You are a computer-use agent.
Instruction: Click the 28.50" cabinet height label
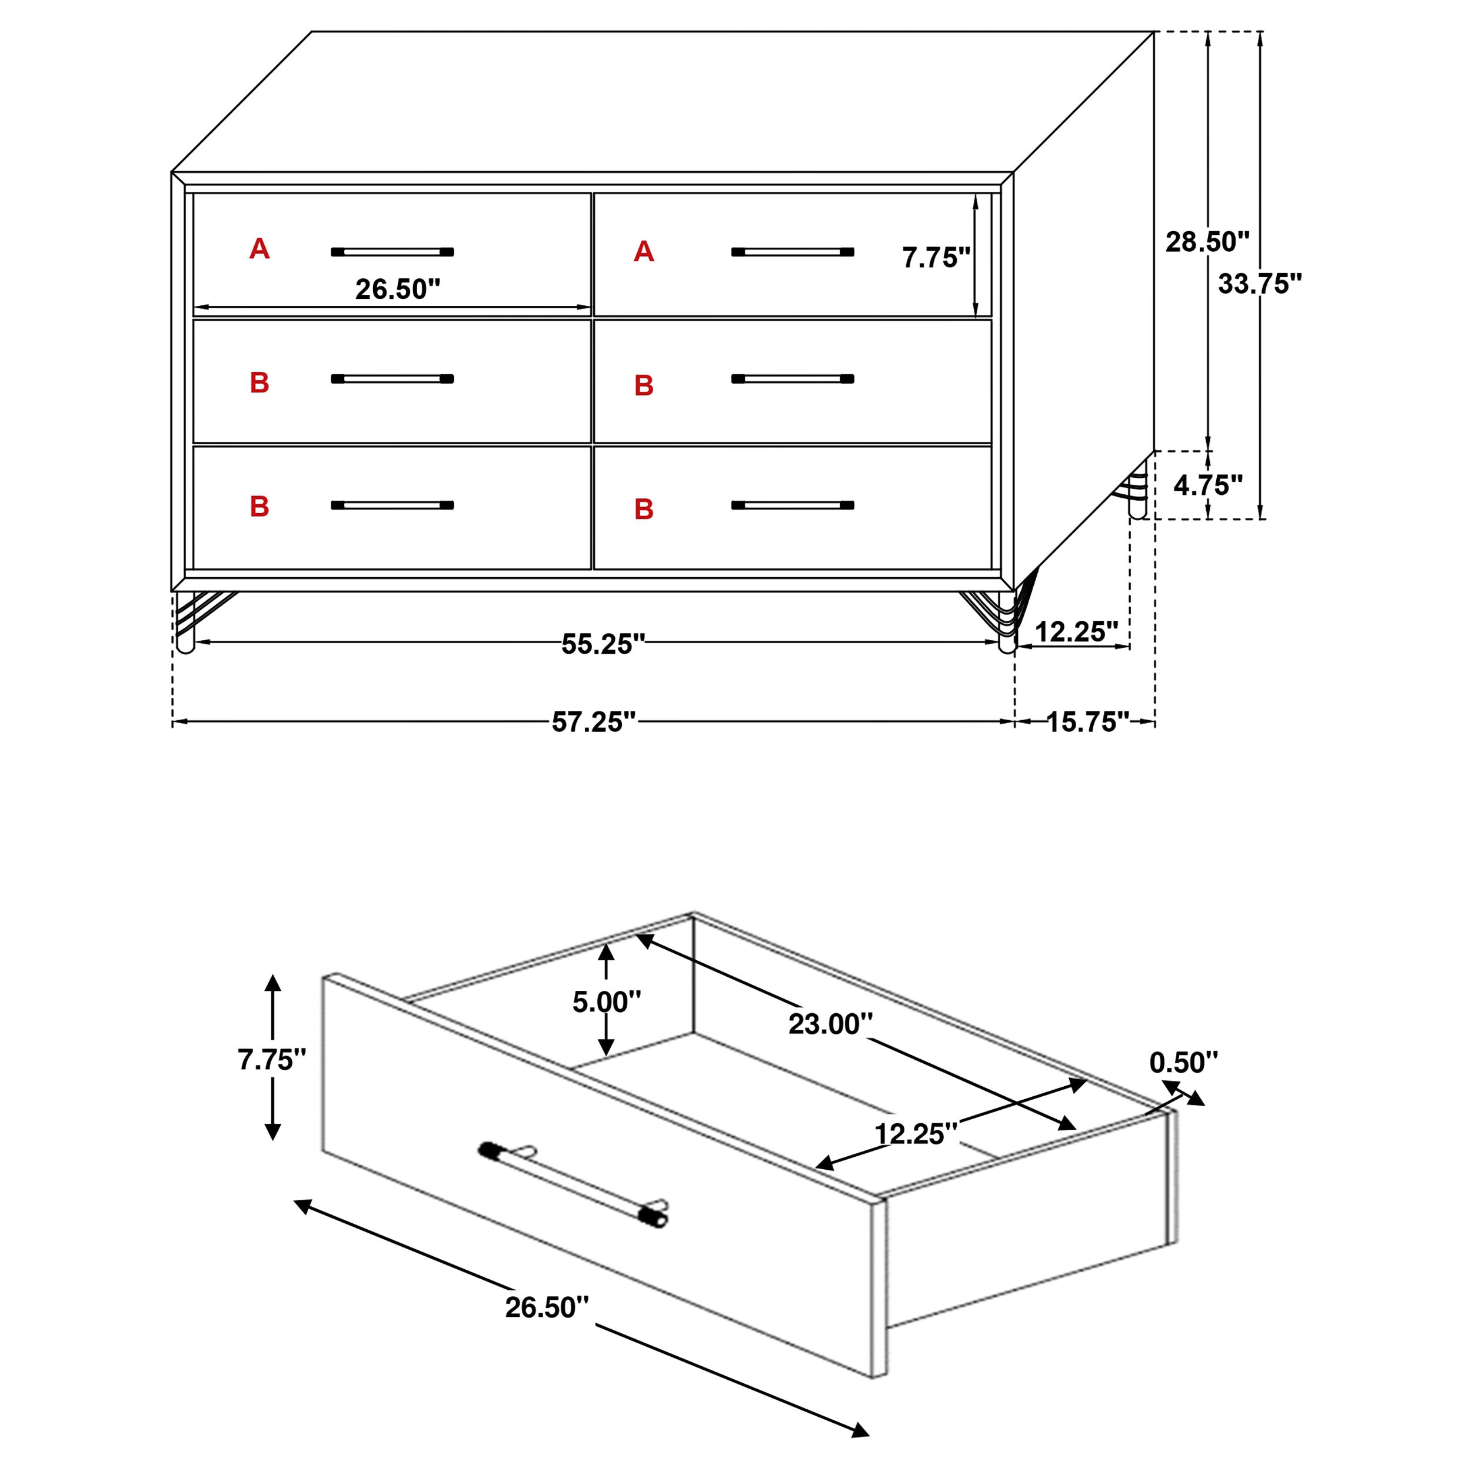pos(1207,241)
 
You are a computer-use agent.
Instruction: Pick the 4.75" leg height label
pos(1207,484)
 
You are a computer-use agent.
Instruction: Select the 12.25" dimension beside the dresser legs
pos(1076,631)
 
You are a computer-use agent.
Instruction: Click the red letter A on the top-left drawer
pos(259,249)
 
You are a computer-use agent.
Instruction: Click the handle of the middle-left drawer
pos(392,378)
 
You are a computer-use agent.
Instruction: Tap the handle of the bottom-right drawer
pos(792,505)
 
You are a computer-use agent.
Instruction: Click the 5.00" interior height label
pos(606,1001)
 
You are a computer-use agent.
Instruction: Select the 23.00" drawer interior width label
pos(830,1023)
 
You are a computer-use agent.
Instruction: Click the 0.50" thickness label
pos(1183,1062)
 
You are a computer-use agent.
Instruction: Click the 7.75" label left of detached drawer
pos(272,1059)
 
